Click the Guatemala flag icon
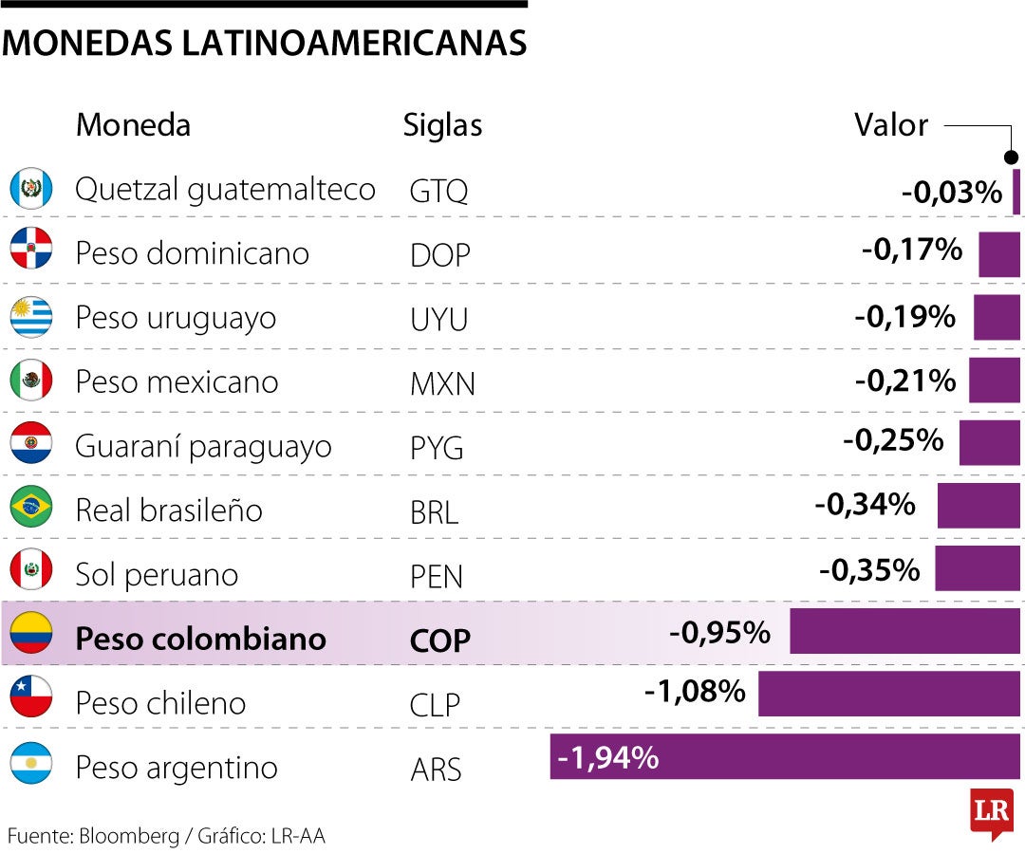[30, 189]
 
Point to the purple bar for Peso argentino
[785, 757]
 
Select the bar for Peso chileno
[889, 694]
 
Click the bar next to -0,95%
[904, 631]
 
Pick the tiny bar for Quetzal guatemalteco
[1016, 191]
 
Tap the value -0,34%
[865, 505]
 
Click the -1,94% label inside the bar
[608, 758]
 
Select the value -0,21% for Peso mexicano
[905, 381]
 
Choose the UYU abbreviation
[438, 320]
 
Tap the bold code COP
[440, 640]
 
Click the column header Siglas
[442, 125]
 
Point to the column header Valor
[890, 124]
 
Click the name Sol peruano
[157, 574]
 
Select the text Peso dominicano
[192, 253]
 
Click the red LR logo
[991, 811]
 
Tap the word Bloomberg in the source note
[129, 836]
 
